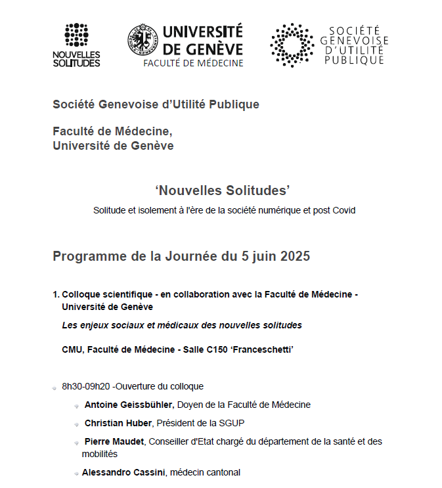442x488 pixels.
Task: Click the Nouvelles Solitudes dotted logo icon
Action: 76,34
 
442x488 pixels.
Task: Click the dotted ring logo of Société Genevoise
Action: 292,45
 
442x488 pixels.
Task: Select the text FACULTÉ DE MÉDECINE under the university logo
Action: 193,63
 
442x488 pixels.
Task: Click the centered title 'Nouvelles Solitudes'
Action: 223,190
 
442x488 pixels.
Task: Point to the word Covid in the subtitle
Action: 343,210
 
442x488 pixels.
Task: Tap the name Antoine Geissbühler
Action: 129,405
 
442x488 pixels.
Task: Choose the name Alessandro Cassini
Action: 123,472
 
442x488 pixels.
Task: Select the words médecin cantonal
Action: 206,472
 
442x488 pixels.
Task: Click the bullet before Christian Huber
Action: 77,424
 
